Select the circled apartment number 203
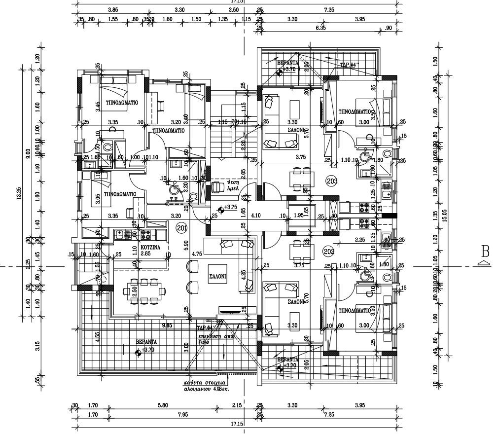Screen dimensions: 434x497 tap(332, 181)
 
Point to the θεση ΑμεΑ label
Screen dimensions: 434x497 tap(231, 184)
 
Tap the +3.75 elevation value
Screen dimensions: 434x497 tap(231, 208)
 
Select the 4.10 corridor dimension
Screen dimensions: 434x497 tap(255, 216)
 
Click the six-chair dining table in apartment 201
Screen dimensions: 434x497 tap(143, 291)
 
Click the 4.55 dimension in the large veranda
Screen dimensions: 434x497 tap(98, 337)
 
